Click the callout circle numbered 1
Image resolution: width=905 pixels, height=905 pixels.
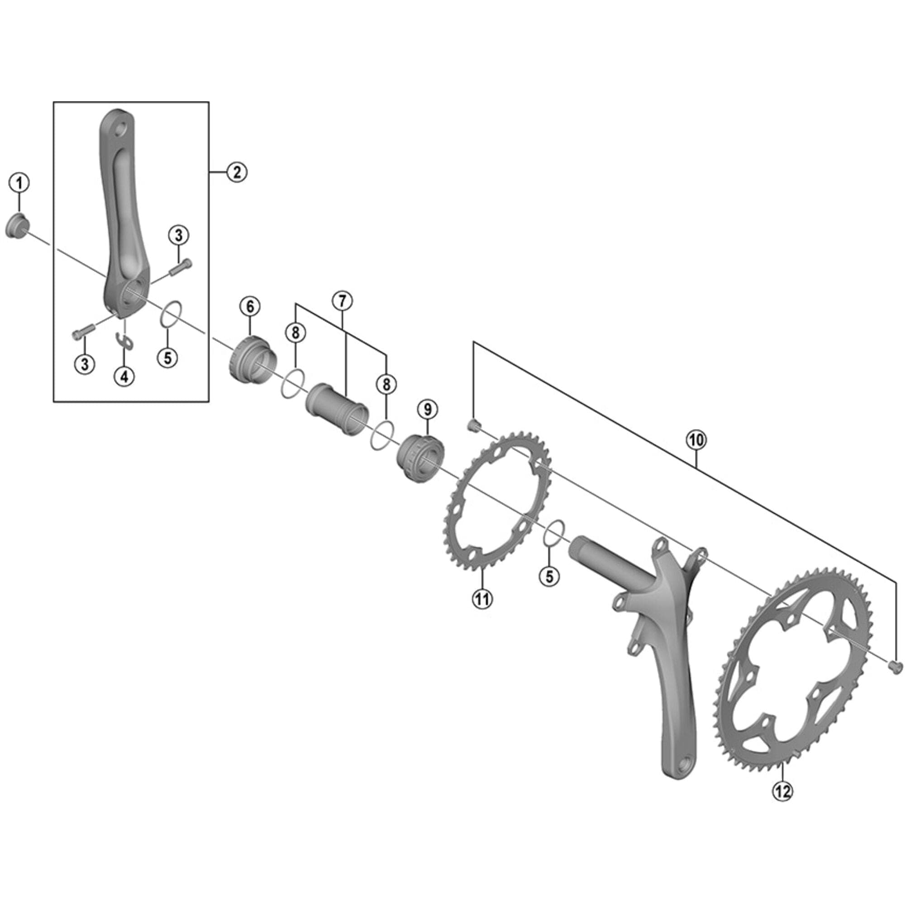coord(19,183)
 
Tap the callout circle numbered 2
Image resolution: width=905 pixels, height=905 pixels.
coord(237,172)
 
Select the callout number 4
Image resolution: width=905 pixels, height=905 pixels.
coord(124,376)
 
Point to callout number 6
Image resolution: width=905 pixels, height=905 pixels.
coord(250,307)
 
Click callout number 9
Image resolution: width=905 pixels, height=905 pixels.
coord(427,410)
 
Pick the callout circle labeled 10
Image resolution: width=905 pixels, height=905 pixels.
coord(696,440)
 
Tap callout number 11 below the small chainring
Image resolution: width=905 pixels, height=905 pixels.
coord(482,598)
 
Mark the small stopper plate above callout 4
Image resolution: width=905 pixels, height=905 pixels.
coord(125,342)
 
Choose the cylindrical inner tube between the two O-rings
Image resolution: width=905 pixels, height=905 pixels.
coord(336,409)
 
